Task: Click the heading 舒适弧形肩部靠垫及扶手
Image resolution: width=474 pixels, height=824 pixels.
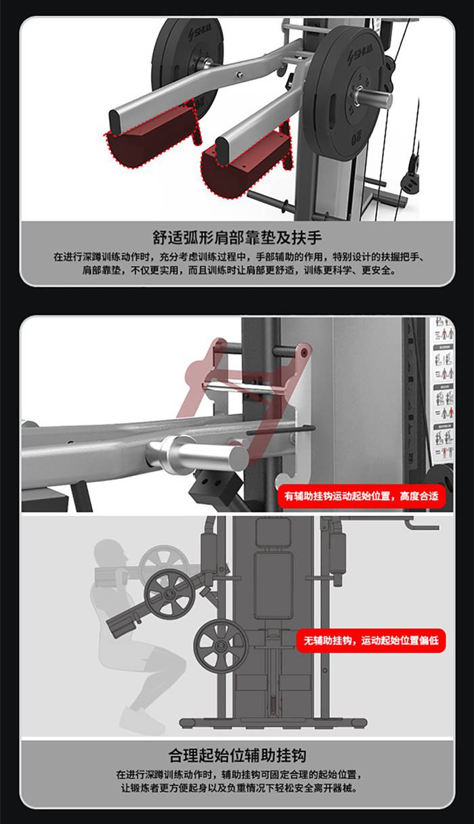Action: (237, 238)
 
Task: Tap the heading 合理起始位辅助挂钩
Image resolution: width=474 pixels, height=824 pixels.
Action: (237, 755)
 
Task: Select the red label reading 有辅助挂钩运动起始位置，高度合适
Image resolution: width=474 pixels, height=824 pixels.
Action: (361, 496)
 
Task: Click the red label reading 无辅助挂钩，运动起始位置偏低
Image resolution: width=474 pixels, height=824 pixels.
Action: (370, 640)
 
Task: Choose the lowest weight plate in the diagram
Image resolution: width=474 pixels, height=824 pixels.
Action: (221, 647)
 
